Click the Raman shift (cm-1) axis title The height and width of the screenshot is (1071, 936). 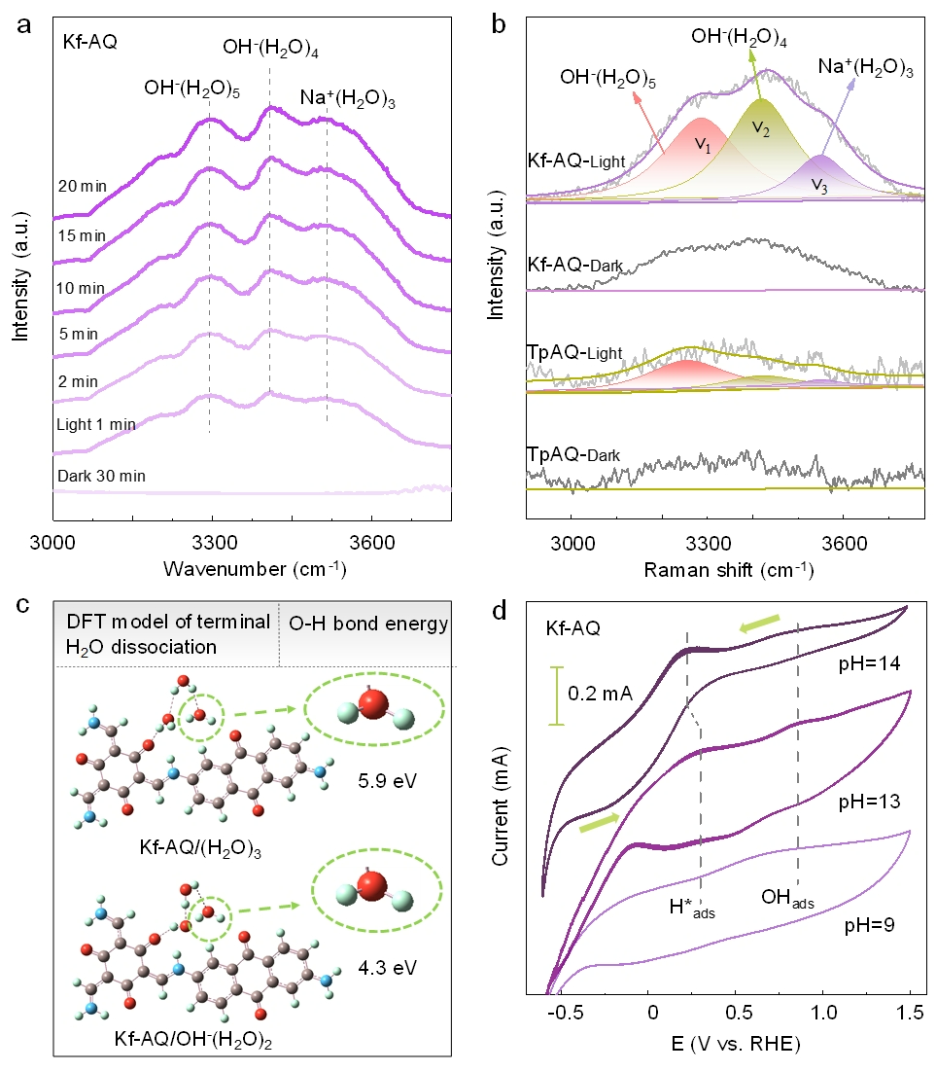point(727,568)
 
